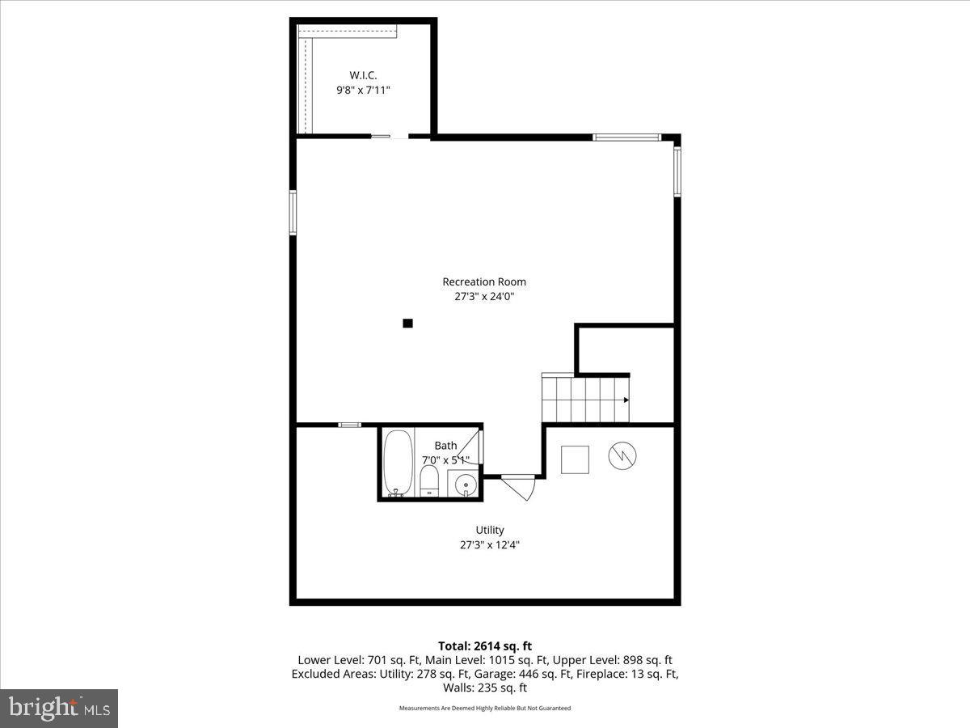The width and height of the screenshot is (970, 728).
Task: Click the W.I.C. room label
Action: tap(363, 75)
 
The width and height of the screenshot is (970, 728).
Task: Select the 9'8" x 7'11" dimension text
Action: tap(363, 91)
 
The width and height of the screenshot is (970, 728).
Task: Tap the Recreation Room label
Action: tap(484, 281)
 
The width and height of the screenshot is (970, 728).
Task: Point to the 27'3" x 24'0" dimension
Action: tap(484, 297)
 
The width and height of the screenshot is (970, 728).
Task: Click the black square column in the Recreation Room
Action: tap(407, 324)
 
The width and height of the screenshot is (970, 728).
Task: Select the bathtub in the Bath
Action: tap(397, 463)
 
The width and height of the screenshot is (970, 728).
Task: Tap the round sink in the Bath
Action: tap(465, 485)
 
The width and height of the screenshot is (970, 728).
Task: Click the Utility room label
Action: tap(490, 530)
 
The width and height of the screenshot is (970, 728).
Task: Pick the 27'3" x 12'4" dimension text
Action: tap(490, 545)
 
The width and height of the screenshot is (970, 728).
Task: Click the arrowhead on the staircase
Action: tap(626, 400)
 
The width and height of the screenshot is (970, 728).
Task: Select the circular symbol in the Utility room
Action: tap(622, 457)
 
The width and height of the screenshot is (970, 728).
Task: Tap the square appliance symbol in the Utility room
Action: tap(576, 459)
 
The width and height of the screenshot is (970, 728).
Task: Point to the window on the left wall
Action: tap(293, 212)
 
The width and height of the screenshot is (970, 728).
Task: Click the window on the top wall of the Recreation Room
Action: tap(626, 138)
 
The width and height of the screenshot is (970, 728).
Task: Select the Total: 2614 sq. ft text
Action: tap(484, 645)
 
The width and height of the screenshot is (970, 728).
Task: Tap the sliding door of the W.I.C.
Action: tap(390, 137)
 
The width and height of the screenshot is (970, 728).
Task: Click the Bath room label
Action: tap(445, 446)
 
